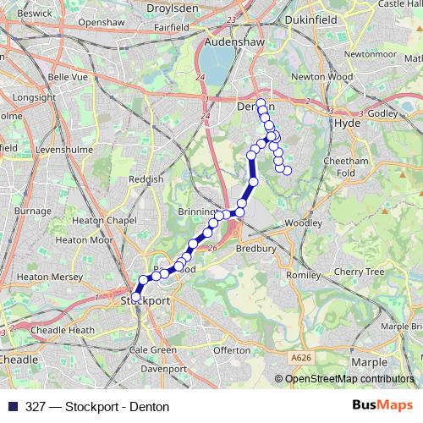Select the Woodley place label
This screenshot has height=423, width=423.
pyautogui.click(x=302, y=222)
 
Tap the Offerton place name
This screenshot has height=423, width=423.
pyautogui.click(x=233, y=349)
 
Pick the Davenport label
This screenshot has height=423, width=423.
pyautogui.click(x=163, y=369)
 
